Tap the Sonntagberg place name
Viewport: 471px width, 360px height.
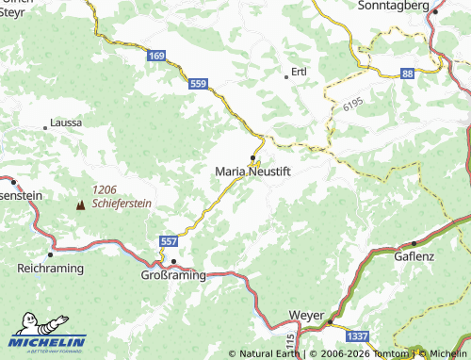click(x=395, y=6)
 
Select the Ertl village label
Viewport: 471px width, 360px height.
click(x=300, y=72)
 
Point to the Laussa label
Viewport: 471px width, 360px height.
click(x=66, y=123)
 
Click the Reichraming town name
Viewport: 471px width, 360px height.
click(x=50, y=269)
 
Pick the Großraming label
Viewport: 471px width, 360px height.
click(x=172, y=275)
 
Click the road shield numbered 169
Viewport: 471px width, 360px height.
click(x=157, y=57)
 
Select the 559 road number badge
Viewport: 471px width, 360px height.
click(x=198, y=84)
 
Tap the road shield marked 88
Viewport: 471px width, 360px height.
click(x=407, y=73)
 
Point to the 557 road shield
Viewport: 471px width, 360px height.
click(x=168, y=241)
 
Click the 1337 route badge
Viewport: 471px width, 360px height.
click(x=357, y=336)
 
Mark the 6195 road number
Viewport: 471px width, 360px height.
click(x=353, y=107)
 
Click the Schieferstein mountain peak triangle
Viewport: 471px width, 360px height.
click(x=81, y=204)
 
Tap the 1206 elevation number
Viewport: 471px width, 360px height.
click(x=106, y=189)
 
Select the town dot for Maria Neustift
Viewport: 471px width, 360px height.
click(x=252, y=156)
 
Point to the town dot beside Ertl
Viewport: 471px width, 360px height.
click(x=286, y=75)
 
